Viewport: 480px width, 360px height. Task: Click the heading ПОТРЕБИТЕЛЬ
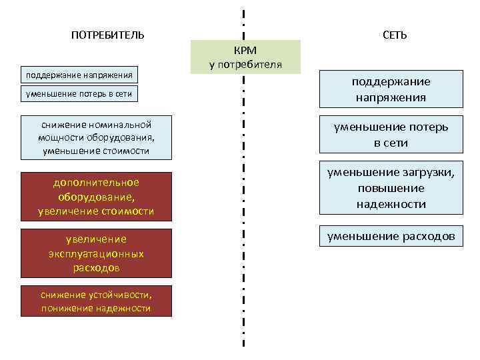pos(107,35)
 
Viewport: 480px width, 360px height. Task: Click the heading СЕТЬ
pos(395,35)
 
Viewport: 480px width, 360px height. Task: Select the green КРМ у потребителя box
pos(245,57)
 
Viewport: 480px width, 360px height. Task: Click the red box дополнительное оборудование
pos(96,197)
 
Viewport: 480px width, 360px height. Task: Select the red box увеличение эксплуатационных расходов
pos(96,253)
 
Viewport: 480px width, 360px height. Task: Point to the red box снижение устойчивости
pos(96,301)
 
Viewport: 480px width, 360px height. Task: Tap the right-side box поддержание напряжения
pos(391,89)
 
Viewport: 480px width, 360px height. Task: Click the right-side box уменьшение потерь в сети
pos(391,135)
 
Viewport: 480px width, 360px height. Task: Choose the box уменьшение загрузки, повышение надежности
pos(391,188)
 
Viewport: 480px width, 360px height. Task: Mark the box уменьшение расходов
pos(391,236)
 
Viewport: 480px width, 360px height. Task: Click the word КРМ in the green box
pos(245,51)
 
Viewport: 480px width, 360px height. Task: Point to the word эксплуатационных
pos(96,253)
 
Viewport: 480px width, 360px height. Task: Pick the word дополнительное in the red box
pos(96,183)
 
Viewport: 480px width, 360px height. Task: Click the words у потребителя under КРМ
pos(245,65)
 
